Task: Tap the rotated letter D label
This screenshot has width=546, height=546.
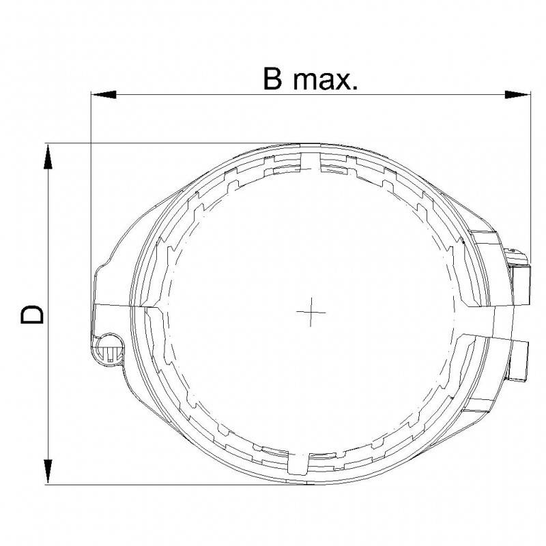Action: click(33, 314)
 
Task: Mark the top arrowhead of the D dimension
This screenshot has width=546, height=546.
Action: click(48, 156)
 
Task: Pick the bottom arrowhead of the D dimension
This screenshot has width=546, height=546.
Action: click(48, 472)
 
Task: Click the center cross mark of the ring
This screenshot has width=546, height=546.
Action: click(311, 312)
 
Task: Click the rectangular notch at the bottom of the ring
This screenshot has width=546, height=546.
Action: click(299, 464)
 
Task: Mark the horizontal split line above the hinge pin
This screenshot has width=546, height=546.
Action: click(116, 304)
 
